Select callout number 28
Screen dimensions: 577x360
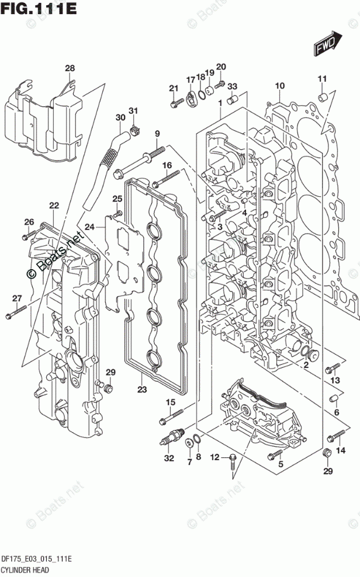(70, 69)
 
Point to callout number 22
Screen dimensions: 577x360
(54, 206)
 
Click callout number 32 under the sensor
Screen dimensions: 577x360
(169, 458)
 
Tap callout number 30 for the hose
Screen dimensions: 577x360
(120, 117)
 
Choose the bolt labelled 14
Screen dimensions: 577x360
(337, 436)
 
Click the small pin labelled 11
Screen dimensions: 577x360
(321, 95)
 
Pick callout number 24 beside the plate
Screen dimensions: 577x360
(89, 227)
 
